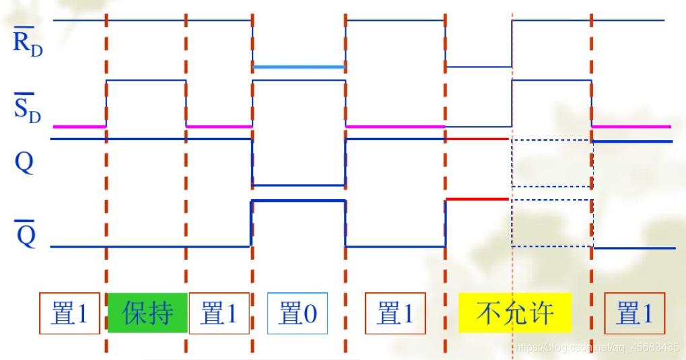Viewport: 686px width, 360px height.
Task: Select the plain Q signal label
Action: coord(24,164)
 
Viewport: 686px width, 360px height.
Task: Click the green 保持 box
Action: coord(147,313)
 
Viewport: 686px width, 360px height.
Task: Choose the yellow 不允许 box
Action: coord(515,313)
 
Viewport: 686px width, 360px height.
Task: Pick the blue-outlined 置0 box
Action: coord(298,313)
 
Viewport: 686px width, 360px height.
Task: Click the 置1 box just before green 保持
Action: coord(69,313)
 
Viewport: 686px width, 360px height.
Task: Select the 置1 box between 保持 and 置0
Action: coord(219,313)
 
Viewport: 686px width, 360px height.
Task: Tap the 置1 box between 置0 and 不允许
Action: coord(395,313)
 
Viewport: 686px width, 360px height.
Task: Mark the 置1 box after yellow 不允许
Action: coord(634,313)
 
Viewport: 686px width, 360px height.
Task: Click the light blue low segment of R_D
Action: coord(299,67)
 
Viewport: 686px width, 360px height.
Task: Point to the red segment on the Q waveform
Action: coord(477,139)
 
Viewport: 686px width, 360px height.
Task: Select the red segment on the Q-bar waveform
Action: coord(477,199)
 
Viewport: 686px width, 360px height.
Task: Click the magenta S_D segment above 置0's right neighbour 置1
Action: coord(395,126)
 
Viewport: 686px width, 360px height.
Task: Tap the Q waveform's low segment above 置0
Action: coord(299,184)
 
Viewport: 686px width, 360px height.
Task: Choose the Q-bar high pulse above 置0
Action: coord(299,201)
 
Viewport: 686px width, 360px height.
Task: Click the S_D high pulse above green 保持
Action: coord(146,80)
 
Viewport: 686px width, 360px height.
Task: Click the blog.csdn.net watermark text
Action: coord(596,347)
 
